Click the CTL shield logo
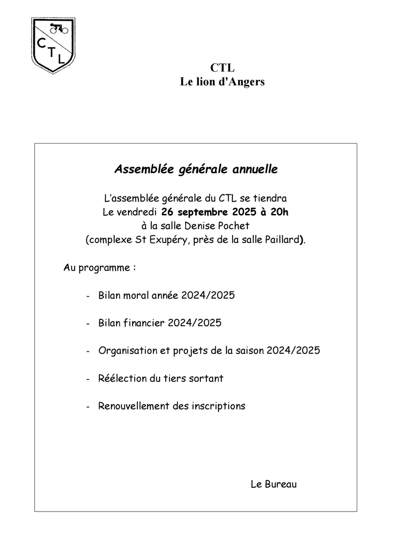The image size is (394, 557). (x=53, y=45)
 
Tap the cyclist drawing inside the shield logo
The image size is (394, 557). (x=59, y=28)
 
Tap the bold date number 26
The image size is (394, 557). (x=168, y=213)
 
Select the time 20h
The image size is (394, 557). (x=279, y=213)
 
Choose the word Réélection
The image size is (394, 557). (x=122, y=378)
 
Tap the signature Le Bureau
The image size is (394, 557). (x=273, y=484)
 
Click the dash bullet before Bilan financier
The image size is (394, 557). (x=88, y=324)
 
